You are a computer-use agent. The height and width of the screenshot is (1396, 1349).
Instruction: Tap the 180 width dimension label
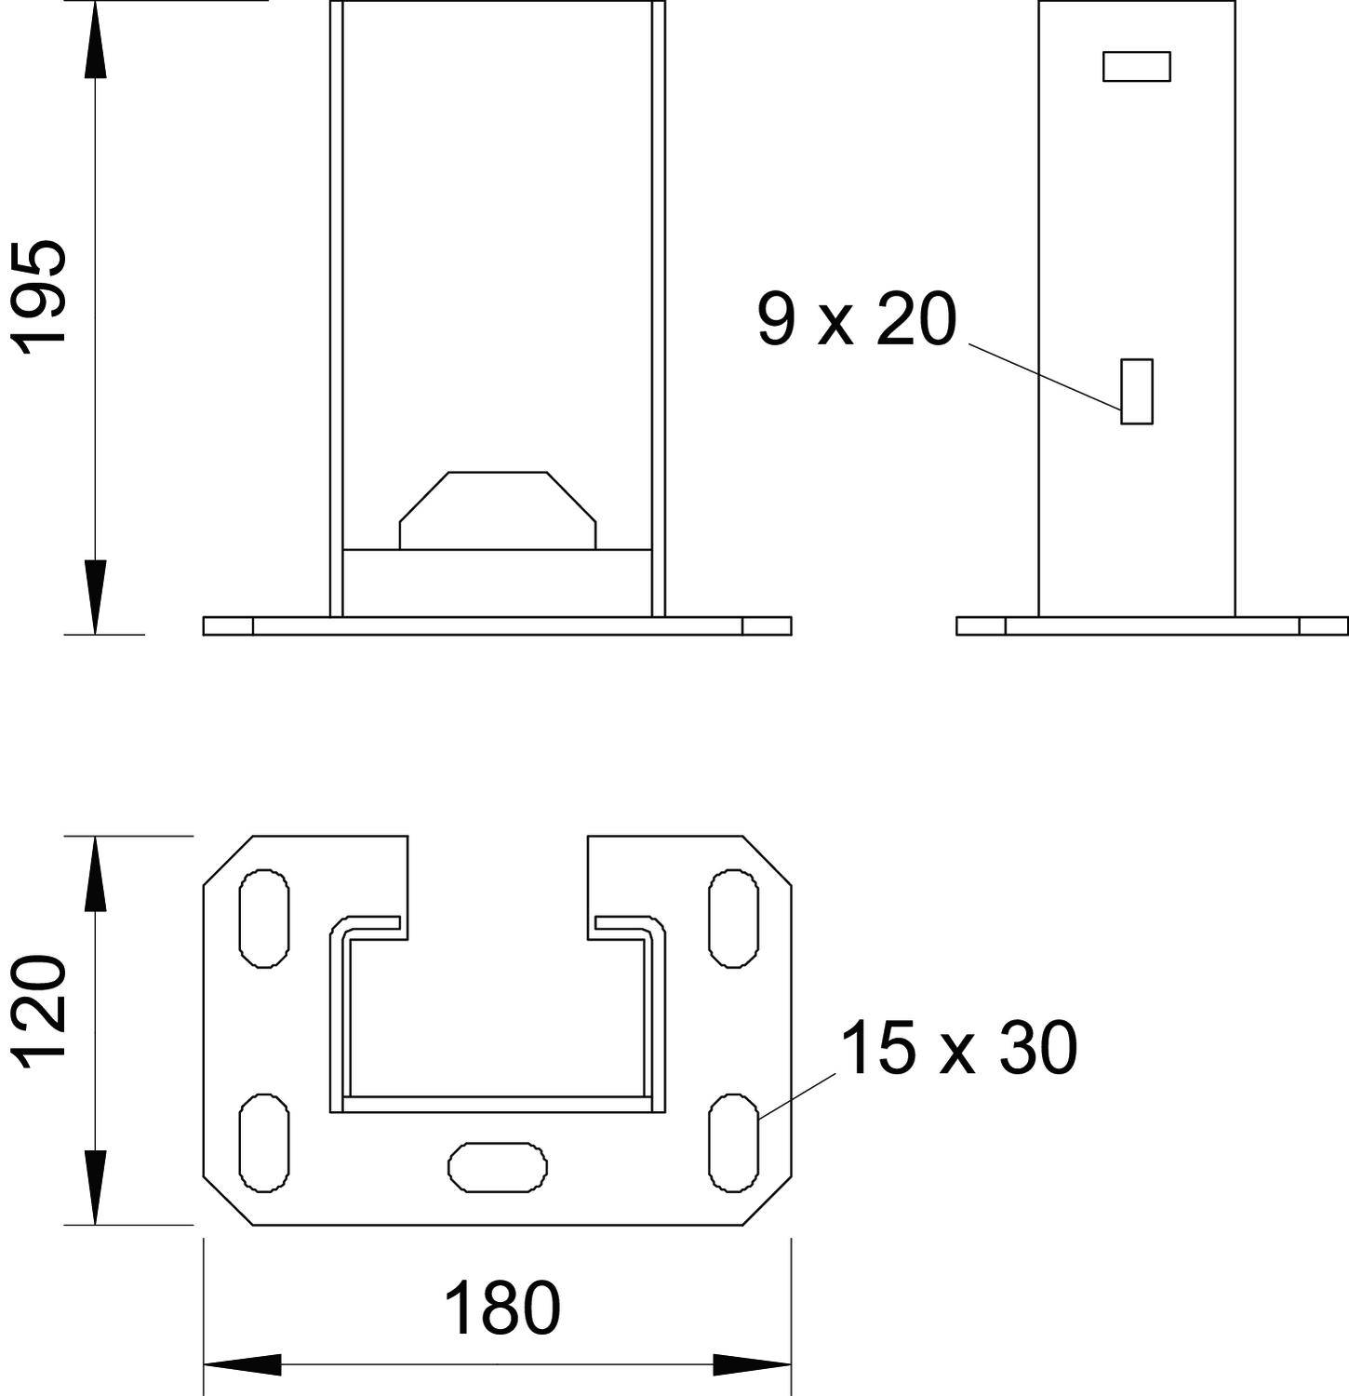[x=502, y=1309]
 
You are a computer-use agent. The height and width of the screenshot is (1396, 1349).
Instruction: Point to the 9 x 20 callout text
[x=856, y=320]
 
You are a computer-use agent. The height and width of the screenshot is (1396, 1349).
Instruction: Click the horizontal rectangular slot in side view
[x=1136, y=67]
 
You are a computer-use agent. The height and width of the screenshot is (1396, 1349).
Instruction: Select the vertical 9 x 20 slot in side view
[x=1136, y=392]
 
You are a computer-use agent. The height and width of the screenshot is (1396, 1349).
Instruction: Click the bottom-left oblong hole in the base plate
[x=264, y=1142]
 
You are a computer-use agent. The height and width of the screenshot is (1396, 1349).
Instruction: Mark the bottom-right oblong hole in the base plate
[x=733, y=1142]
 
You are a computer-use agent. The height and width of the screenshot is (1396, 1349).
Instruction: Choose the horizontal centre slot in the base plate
[x=498, y=1166]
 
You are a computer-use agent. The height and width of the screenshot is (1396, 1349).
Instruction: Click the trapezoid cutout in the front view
[x=498, y=512]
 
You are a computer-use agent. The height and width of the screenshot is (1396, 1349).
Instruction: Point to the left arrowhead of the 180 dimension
[x=242, y=1366]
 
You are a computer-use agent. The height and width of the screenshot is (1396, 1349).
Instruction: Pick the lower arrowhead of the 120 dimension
[x=94, y=1188]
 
